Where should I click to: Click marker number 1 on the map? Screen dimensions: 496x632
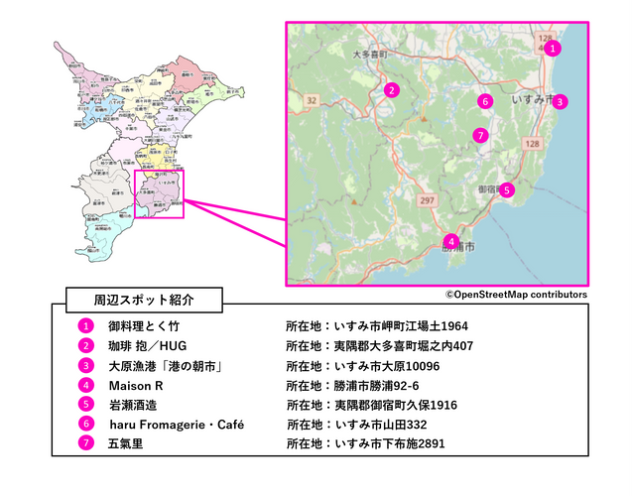pyautogui.click(x=554, y=47)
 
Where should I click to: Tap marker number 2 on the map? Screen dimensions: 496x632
pyautogui.click(x=393, y=90)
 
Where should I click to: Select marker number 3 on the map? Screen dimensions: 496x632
pyautogui.click(x=560, y=101)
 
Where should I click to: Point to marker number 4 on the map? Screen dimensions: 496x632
pyautogui.click(x=450, y=241)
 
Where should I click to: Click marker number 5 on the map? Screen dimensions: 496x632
pyautogui.click(x=507, y=189)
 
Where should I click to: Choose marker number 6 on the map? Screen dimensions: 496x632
pyautogui.click(x=484, y=100)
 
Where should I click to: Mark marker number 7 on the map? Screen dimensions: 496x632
pyautogui.click(x=480, y=135)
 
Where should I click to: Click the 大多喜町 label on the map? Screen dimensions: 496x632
pyautogui.click(x=369, y=56)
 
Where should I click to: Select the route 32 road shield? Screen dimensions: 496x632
pyautogui.click(x=312, y=99)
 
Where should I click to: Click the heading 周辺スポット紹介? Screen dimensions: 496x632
pyautogui.click(x=144, y=298)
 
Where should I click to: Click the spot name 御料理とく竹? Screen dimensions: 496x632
pyautogui.click(x=144, y=325)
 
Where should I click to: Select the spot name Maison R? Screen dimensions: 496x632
pyautogui.click(x=136, y=384)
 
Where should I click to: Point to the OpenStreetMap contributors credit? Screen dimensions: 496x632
pyautogui.click(x=516, y=295)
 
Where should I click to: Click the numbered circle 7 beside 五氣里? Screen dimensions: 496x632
pyautogui.click(x=87, y=443)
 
